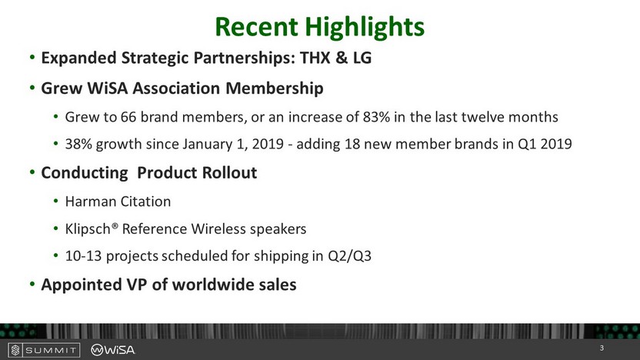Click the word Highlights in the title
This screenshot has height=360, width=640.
pos(365,28)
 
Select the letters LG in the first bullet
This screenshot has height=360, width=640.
pos(362,58)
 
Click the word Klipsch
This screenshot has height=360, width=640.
pos(88,229)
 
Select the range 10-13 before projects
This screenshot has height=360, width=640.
pos(83,256)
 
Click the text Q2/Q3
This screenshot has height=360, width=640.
pos(350,256)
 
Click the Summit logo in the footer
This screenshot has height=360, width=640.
pos(44,350)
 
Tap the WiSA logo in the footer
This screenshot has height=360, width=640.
pos(112,350)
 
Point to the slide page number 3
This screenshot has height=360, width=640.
pos(602,348)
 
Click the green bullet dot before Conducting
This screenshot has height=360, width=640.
pos(32,172)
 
